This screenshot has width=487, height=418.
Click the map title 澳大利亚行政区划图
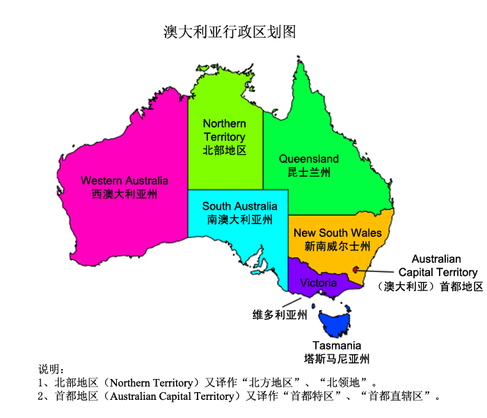click(230, 32)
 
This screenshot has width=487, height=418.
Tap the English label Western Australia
click(125, 180)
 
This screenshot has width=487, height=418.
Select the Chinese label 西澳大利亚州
click(125, 194)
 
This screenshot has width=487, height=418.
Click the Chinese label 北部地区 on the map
click(224, 150)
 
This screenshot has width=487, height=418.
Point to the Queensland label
click(309, 159)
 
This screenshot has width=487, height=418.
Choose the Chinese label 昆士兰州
click(309, 172)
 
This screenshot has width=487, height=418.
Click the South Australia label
click(239, 206)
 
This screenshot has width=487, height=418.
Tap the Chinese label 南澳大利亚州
click(239, 219)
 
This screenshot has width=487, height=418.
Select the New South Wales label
click(337, 233)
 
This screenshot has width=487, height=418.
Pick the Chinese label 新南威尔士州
click(337, 246)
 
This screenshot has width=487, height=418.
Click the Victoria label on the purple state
click(318, 283)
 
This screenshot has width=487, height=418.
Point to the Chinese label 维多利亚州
click(279, 315)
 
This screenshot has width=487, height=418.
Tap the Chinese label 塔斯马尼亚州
click(337, 359)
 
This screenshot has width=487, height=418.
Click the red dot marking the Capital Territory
click(356, 270)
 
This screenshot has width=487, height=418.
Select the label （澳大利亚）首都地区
click(430, 286)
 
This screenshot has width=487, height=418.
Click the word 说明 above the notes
click(51, 369)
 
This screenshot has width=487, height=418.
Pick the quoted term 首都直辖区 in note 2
click(403, 396)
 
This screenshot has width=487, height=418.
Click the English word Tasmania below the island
click(337, 346)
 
